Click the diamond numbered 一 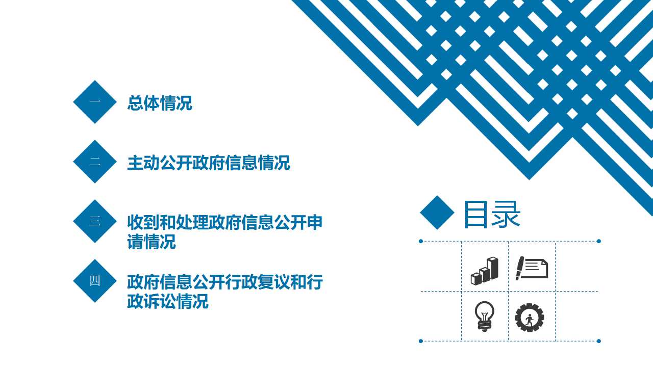(x=95, y=102)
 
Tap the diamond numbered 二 (x=95, y=162)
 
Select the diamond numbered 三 (x=95, y=221)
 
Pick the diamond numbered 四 (x=95, y=281)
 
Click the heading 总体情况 (x=160, y=103)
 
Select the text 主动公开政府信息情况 (x=209, y=163)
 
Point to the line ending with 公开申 (x=225, y=223)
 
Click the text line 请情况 (x=152, y=242)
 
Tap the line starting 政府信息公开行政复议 (x=225, y=282)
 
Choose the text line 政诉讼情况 (x=168, y=301)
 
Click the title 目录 (x=492, y=215)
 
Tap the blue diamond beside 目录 (x=437, y=213)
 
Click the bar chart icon (x=485, y=271)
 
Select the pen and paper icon (x=532, y=268)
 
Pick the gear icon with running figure (x=530, y=318)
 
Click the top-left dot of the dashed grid (x=421, y=241)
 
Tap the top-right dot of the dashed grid (x=599, y=241)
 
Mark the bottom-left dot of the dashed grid (x=421, y=341)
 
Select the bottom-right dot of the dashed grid (x=599, y=341)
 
